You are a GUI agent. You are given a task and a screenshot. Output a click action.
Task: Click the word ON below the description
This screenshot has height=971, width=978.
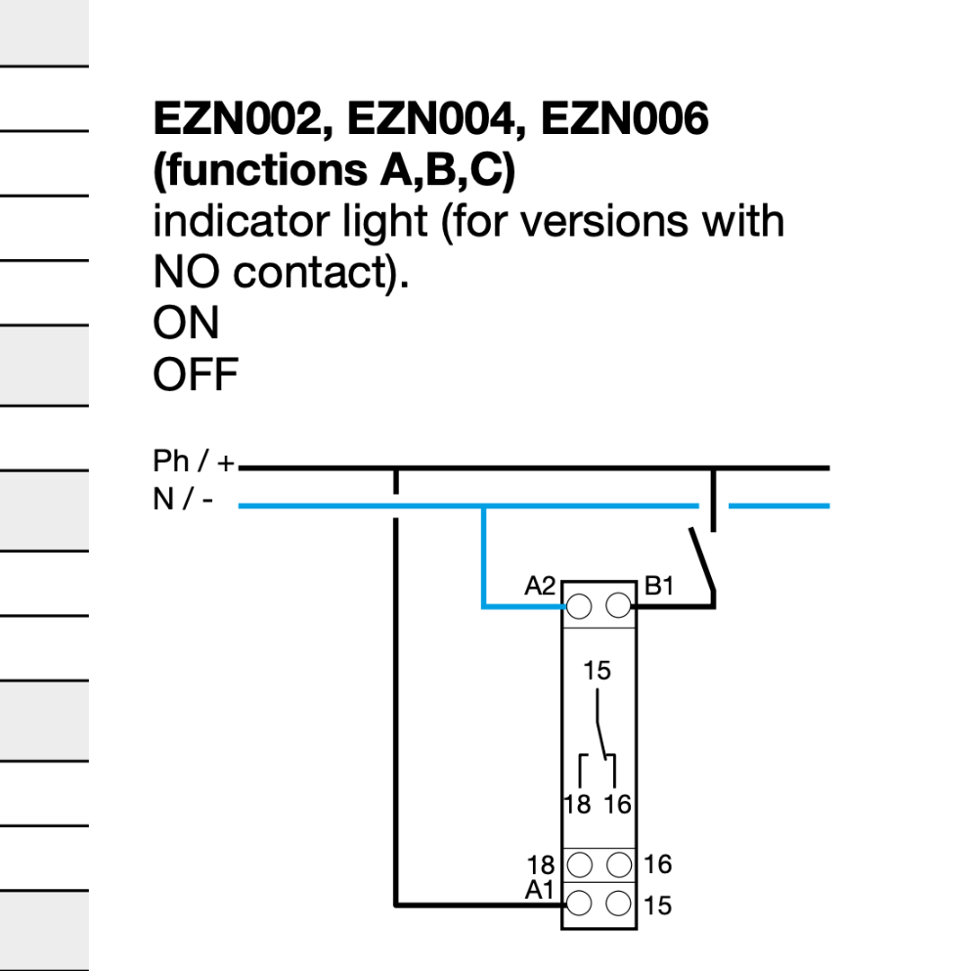[186, 324]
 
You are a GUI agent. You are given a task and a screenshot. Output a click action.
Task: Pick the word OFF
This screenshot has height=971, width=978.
[196, 375]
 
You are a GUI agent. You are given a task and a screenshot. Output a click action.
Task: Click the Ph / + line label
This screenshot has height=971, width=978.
[194, 462]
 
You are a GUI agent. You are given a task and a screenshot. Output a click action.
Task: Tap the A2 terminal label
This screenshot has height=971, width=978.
[540, 586]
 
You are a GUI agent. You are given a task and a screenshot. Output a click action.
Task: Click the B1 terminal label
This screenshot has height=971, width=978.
[659, 586]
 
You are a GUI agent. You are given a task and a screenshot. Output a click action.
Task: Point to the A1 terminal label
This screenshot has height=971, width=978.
[540, 890]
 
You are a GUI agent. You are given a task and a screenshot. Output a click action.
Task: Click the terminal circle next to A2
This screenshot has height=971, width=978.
[579, 607]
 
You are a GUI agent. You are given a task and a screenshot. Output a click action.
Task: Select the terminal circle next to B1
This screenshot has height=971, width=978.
[618, 607]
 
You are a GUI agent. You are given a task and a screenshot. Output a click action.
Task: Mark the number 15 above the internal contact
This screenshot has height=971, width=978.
[597, 672]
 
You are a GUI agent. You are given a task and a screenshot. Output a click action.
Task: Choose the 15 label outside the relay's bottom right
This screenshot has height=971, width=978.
[659, 906]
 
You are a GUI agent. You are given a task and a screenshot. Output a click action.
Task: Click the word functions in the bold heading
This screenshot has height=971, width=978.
[259, 171]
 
